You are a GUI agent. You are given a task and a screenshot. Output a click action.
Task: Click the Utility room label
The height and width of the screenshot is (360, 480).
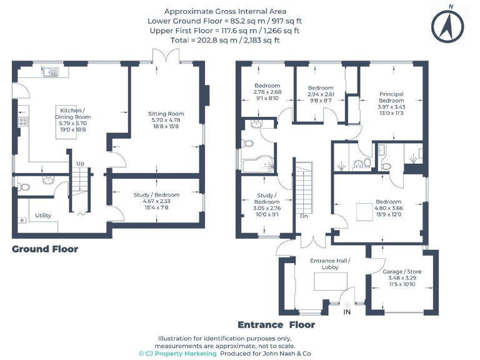pos(43,216)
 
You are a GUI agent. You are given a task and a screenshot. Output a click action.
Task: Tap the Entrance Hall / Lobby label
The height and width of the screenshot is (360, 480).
pos(330,264)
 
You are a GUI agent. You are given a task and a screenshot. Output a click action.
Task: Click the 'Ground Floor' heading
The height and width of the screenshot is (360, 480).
pos(45,249)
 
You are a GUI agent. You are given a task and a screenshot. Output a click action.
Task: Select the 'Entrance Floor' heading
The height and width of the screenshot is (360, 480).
pos(276,325)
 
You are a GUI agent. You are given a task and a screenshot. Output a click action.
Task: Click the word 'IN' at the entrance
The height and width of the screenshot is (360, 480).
pos(347,312)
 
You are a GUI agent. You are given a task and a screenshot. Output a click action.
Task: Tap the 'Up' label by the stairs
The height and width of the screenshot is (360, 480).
pos(80,164)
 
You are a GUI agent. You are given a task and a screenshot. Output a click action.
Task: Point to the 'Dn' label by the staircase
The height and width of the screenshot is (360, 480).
pos(304,216)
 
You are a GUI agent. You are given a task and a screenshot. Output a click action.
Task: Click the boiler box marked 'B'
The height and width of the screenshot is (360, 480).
pos(22,220)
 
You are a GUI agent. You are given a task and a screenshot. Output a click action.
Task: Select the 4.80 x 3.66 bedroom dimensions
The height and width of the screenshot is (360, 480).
pos(389,208)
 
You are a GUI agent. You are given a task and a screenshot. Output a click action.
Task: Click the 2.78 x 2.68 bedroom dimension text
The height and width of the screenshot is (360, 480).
pos(267,92)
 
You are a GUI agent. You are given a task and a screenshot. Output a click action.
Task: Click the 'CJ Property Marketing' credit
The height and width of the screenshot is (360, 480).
pos(177,353)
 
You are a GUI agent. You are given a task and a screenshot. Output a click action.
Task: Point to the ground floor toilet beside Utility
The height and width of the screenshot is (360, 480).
pos(24,186)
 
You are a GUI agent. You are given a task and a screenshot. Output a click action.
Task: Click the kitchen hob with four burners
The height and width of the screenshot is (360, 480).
pos(24,122)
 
